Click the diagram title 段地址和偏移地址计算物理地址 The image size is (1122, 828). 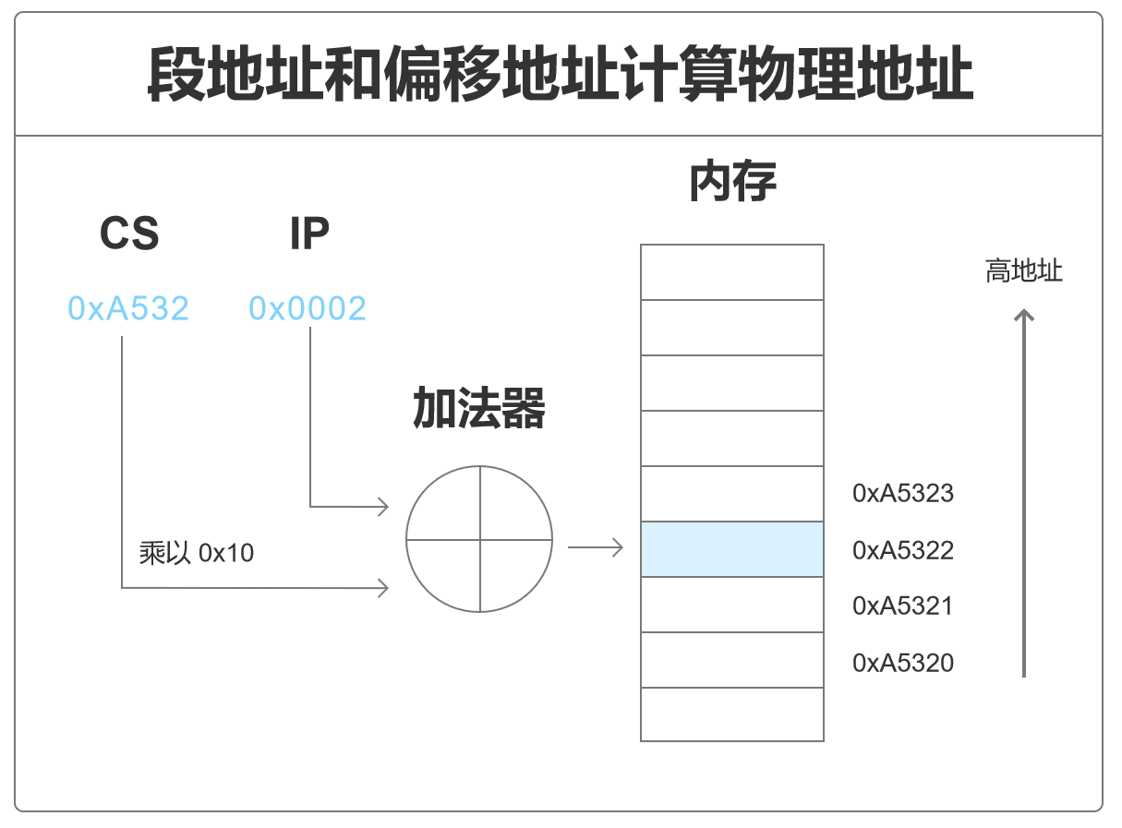[x=560, y=75]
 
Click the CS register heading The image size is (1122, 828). [x=129, y=234]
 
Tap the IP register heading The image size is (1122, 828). [x=309, y=234]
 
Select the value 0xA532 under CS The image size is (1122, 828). [x=128, y=308]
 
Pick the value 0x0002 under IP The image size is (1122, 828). [x=308, y=308]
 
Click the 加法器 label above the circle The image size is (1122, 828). [x=478, y=409]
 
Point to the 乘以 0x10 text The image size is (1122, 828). [x=197, y=553]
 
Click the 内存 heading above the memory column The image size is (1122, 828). [x=732, y=183]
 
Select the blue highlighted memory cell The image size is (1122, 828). [x=731, y=549]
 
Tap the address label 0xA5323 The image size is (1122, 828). [x=902, y=493]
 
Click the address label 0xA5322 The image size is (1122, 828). [x=902, y=551]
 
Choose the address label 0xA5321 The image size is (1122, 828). [x=902, y=606]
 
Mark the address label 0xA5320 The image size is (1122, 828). [x=902, y=663]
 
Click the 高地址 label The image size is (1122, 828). [x=1023, y=271]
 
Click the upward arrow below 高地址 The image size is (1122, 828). [x=1023, y=494]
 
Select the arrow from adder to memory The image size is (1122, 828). [x=596, y=548]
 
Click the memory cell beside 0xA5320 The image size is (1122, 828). [x=731, y=660]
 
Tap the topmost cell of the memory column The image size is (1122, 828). [x=731, y=272]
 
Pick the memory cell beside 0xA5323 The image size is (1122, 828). [x=731, y=494]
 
